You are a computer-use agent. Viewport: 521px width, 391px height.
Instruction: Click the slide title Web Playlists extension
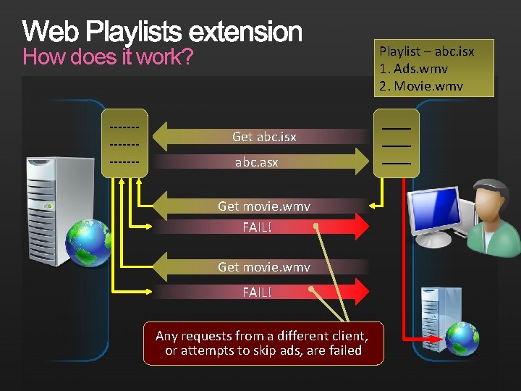(x=162, y=32)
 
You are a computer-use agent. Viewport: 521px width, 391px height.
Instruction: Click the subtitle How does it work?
(x=108, y=57)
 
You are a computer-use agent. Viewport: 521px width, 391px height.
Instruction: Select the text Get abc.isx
(x=264, y=136)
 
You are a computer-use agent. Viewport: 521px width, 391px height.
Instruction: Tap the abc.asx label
(x=256, y=163)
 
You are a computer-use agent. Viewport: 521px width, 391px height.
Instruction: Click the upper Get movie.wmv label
(x=264, y=206)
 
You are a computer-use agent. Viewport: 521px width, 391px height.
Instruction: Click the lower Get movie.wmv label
(x=264, y=267)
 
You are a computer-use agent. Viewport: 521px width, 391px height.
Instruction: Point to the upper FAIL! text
(x=257, y=227)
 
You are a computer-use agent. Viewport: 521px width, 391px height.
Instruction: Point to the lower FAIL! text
(x=257, y=293)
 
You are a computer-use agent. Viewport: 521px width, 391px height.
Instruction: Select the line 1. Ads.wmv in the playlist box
(x=413, y=69)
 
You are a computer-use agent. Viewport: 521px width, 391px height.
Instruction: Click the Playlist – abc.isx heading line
(x=427, y=51)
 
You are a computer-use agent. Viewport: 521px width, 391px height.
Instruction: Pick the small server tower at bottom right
(x=441, y=319)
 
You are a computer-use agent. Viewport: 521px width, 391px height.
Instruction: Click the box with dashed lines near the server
(x=124, y=143)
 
